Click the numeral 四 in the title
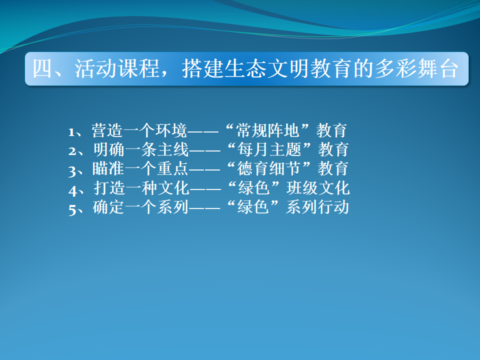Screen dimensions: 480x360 point(42,68)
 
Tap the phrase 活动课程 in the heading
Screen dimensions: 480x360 point(117,68)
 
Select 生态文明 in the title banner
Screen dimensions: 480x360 point(267,68)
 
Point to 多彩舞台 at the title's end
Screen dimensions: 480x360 point(416,68)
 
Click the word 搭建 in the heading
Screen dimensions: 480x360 point(202,68)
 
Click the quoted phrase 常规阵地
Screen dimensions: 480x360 point(267,130)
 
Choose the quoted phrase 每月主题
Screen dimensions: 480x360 point(269,149)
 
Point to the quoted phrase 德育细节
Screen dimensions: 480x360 point(268,168)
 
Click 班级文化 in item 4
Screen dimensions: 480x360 point(318,188)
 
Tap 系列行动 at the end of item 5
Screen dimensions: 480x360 point(317,207)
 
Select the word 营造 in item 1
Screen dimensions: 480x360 point(107,130)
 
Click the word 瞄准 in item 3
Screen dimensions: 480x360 point(108,168)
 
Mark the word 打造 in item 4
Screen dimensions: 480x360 point(109,188)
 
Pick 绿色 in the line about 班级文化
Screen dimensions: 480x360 point(254,188)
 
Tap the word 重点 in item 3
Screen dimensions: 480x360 point(172,168)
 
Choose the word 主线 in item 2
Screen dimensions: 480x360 point(173,149)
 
